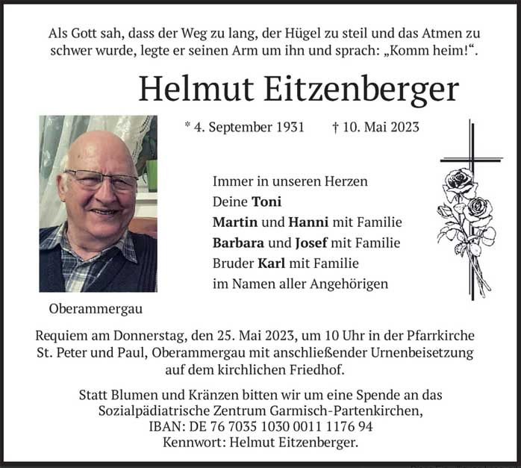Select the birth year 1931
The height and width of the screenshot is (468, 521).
(x=288, y=127)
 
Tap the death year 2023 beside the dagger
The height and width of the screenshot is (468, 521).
(x=404, y=127)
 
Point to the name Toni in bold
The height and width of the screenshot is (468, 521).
(x=266, y=202)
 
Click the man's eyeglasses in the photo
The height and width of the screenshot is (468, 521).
(x=101, y=180)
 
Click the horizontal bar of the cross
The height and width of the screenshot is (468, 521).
(x=471, y=160)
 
